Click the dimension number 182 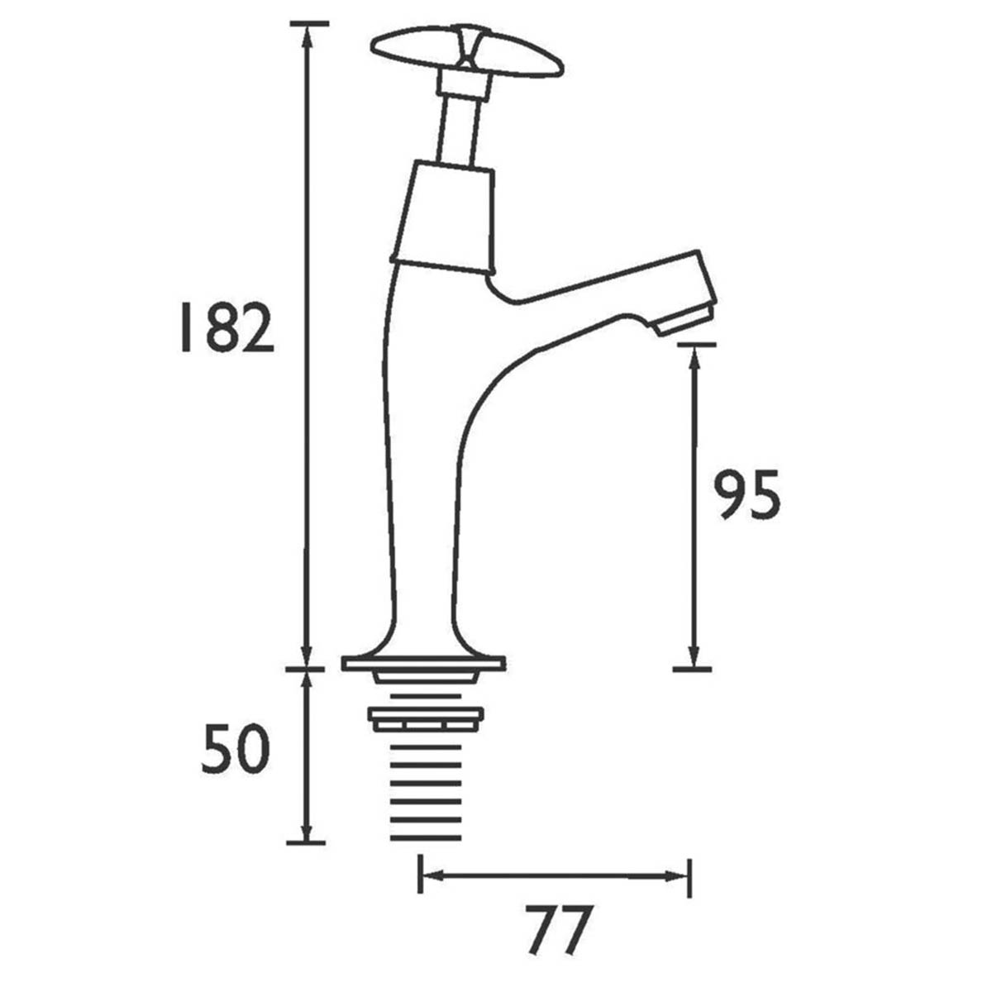tap(227, 329)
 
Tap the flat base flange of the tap tap(423, 663)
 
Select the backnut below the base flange tap(425, 718)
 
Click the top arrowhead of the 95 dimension tap(693, 355)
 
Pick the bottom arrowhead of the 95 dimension tap(693, 658)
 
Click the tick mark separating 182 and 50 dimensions tap(307, 668)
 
